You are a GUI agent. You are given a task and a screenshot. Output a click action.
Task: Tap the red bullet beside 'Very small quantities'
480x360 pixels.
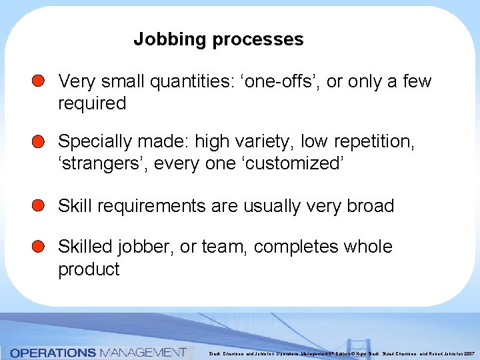tap(39, 81)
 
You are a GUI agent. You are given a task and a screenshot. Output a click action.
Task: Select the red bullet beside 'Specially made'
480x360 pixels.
tap(39, 141)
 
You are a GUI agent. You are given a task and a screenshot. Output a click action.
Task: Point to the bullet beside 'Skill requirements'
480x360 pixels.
tap(39, 205)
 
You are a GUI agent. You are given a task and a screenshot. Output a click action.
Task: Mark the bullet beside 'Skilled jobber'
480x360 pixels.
tap(39, 247)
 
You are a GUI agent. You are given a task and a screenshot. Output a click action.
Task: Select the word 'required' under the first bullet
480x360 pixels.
tap(92, 103)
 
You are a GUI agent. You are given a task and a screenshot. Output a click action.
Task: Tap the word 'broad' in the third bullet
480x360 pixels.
tap(371, 206)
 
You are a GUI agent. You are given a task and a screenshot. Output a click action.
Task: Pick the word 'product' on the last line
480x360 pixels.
tap(89, 269)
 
